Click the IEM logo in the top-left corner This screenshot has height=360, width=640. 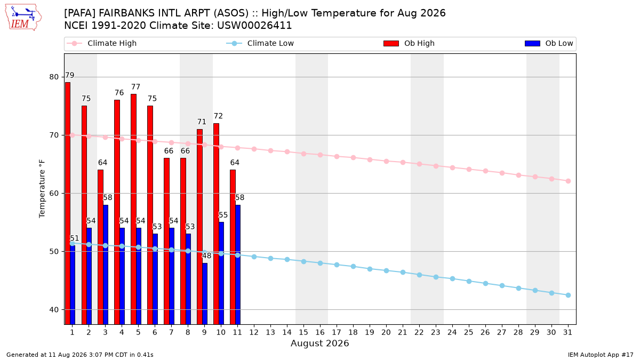[x=23, y=18]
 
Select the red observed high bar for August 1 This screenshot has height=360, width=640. [x=67, y=203]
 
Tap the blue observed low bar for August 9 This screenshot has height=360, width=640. [x=205, y=294]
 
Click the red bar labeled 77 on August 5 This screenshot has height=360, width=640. [x=133, y=209]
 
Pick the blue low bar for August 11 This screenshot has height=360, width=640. [x=238, y=265]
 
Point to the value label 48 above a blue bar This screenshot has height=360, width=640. [x=206, y=255]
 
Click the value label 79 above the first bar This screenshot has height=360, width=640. [x=69, y=75]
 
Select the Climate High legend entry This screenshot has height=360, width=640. [x=102, y=43]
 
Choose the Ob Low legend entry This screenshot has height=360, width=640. [x=549, y=43]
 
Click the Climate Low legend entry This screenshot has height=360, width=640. [x=260, y=43]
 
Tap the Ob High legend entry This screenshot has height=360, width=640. [x=409, y=43]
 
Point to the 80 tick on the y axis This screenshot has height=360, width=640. [x=54, y=77]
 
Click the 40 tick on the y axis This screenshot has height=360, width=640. [x=54, y=310]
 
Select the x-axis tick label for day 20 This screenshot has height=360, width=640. [x=386, y=332]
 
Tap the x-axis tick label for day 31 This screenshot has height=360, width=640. [x=567, y=332]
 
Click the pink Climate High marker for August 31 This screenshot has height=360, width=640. [x=568, y=181]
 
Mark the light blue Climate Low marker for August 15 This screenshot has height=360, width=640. [x=303, y=261]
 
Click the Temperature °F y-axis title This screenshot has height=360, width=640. [x=42, y=189]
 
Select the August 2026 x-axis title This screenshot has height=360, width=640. [x=319, y=343]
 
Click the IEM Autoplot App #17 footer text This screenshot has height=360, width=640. [x=601, y=355]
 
